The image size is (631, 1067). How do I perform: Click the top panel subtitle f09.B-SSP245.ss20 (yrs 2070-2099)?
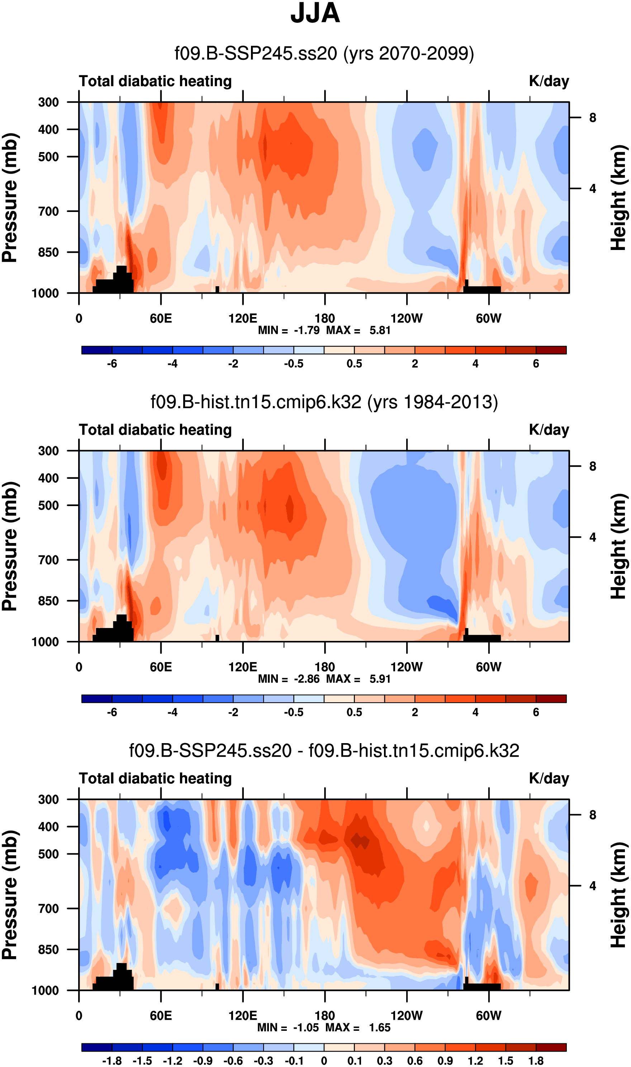pos(324,53)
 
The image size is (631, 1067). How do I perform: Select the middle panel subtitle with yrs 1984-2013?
pos(324,402)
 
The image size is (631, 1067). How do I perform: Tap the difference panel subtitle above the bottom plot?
pos(324,751)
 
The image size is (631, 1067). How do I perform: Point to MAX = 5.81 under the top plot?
pos(358,330)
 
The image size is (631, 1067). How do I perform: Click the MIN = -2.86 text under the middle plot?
pos(288,679)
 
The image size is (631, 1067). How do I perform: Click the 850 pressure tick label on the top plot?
pos(48,252)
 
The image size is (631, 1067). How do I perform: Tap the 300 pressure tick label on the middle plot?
pos(48,451)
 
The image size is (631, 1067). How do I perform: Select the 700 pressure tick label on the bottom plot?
pos(48,908)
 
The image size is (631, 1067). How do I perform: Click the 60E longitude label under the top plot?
pos(161,318)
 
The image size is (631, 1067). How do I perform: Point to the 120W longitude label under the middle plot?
pos(407,667)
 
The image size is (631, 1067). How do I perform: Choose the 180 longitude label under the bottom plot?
pos(325,1016)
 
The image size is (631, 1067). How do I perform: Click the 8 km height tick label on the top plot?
pos(593,118)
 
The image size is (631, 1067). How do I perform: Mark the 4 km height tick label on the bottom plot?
pos(593,886)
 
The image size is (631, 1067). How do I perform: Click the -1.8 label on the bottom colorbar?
pos(112,1061)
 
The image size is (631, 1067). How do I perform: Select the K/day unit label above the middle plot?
pos(549,430)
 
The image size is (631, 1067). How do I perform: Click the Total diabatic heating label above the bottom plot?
pos(155,779)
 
